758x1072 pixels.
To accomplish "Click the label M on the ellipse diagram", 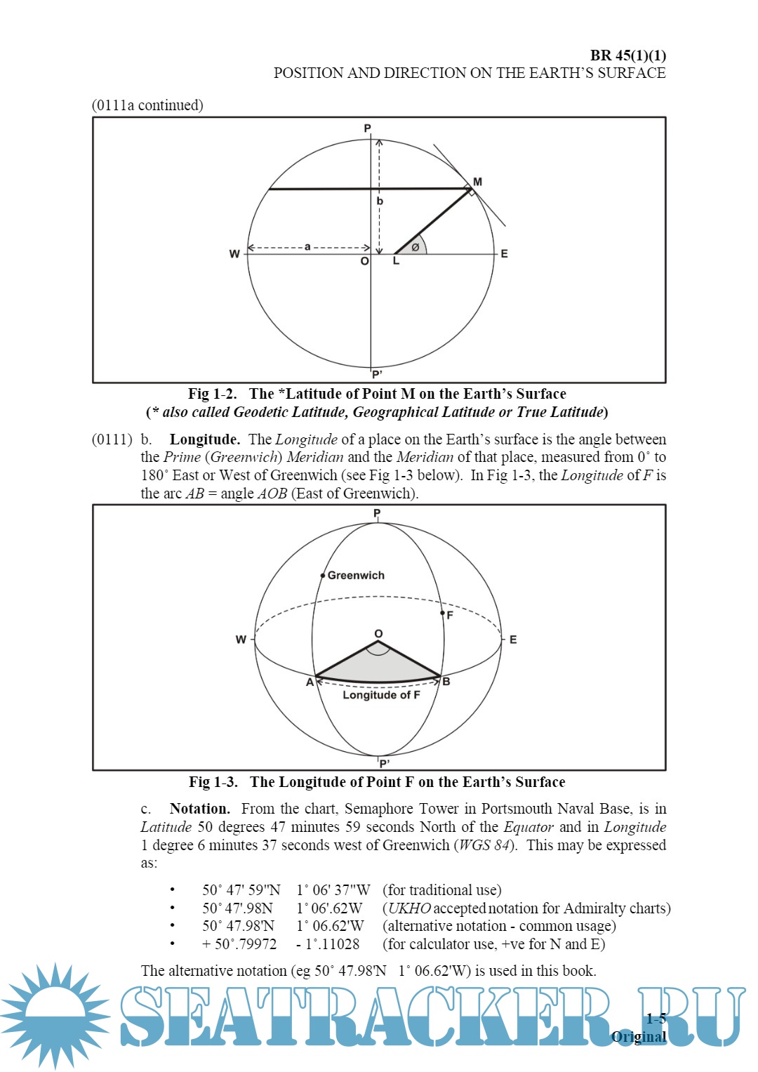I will (477, 182).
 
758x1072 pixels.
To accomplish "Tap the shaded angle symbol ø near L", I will (415, 247).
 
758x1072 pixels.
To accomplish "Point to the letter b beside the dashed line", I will (380, 201).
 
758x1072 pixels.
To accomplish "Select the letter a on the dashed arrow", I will (307, 246).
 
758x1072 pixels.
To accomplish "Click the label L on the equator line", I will (396, 261).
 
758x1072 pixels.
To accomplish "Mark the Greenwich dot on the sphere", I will (323, 576).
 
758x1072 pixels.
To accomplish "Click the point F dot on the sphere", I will (442, 613).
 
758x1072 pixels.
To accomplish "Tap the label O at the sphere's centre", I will (378, 633).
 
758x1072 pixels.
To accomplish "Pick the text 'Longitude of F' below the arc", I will (381, 695).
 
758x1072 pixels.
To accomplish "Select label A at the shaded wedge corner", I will (310, 682).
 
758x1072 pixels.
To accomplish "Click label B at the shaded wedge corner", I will (446, 682).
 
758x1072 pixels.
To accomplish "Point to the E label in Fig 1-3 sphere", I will (513, 640).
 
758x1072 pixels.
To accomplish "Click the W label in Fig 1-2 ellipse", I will (234, 254).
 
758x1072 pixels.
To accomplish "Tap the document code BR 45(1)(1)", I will (627, 55).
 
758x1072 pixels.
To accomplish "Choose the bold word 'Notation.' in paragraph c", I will (199, 809).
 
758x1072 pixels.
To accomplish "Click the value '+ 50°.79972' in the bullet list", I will (239, 944).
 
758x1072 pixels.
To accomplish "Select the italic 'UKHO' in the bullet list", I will (409, 908).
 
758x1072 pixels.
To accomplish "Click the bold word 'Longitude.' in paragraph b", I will (204, 439).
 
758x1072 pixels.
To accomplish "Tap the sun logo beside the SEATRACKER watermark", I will (55, 1015).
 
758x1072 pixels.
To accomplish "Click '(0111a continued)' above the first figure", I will (147, 105).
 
